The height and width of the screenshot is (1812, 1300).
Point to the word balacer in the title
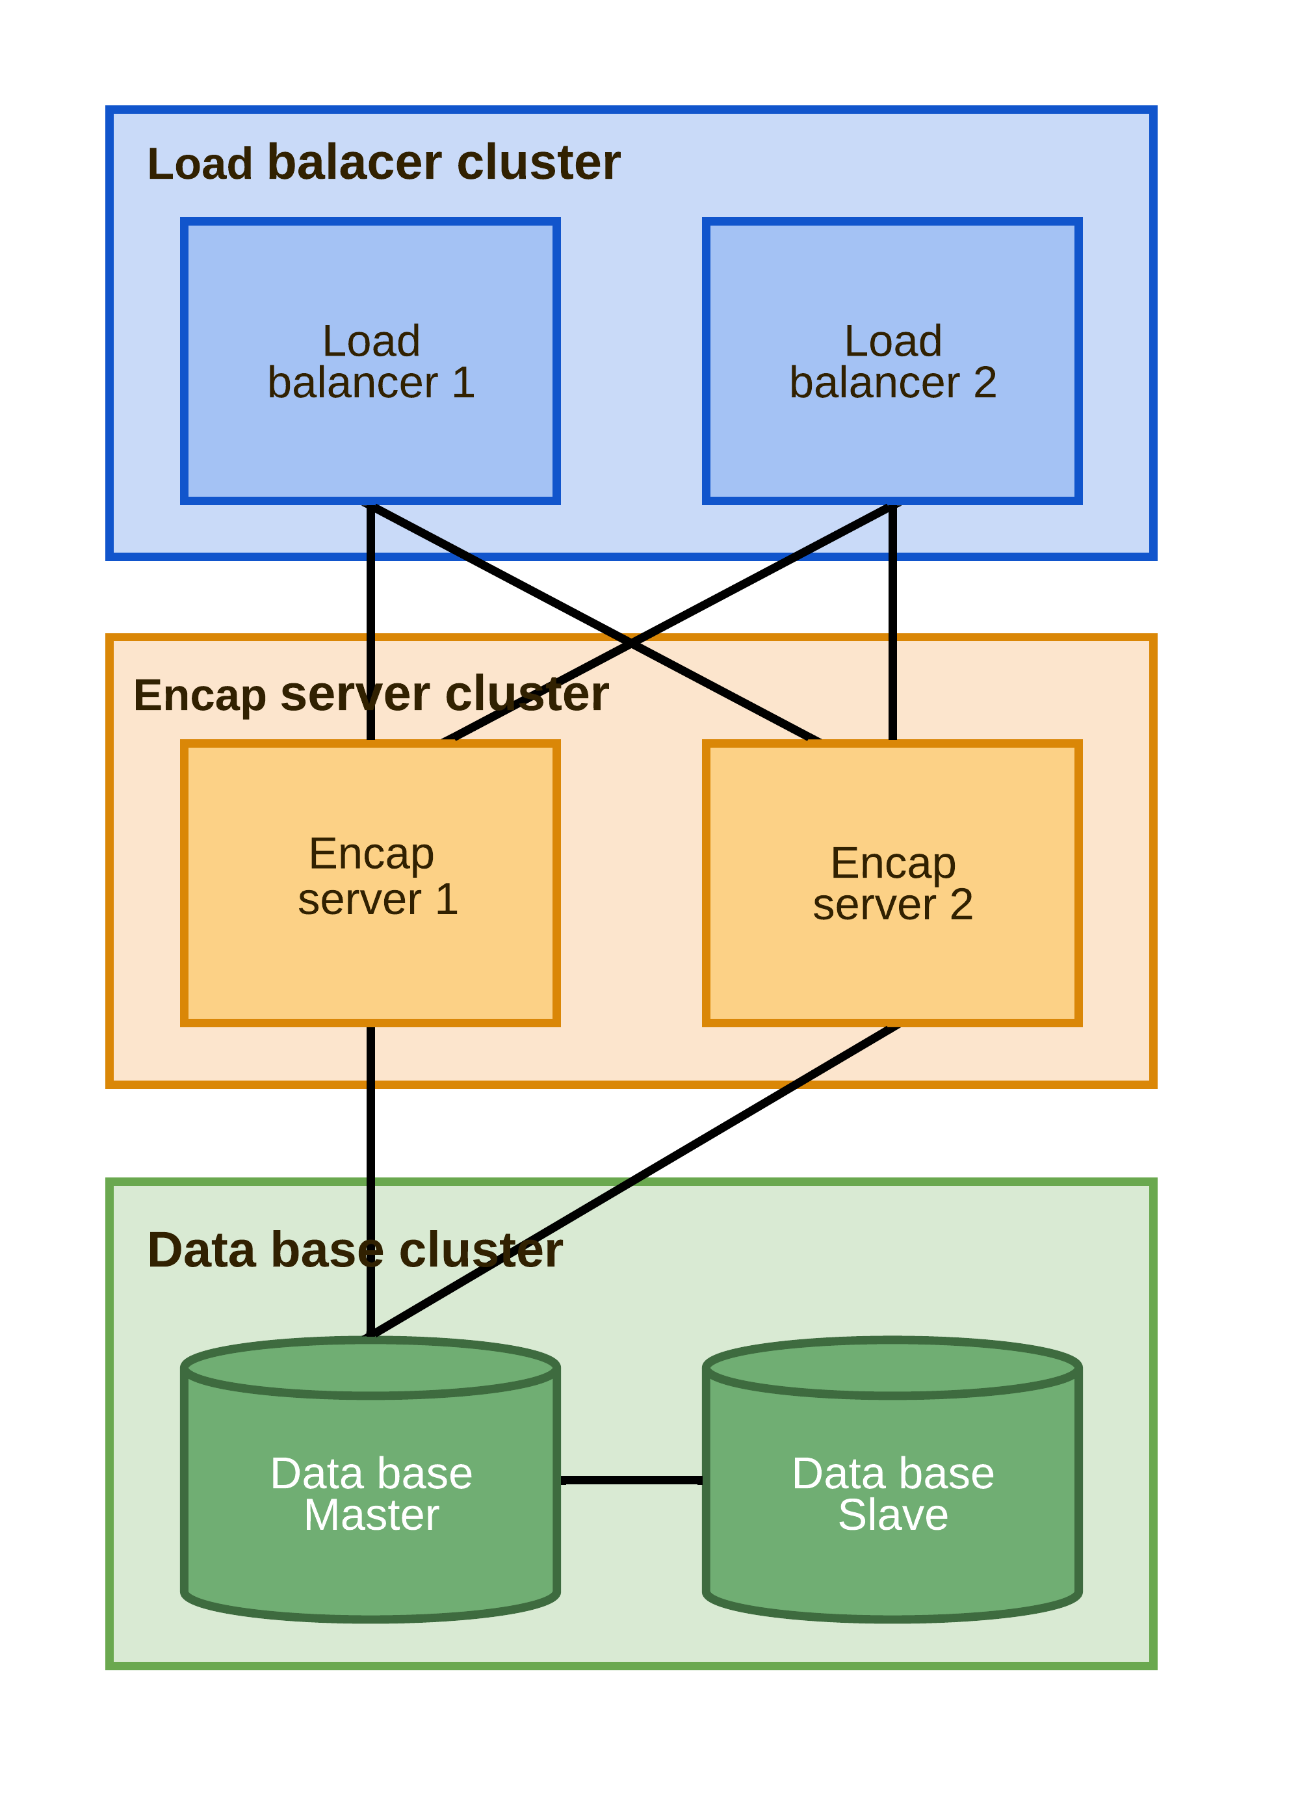(x=354, y=163)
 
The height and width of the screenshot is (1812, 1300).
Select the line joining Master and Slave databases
(x=631, y=1480)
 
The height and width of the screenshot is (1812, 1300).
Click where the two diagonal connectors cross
(x=631, y=643)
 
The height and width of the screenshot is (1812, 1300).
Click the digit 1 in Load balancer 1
(x=463, y=383)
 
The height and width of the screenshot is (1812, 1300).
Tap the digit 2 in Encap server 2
(x=961, y=905)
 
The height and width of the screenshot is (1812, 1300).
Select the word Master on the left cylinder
(x=370, y=1516)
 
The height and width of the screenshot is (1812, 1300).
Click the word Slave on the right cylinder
(x=892, y=1516)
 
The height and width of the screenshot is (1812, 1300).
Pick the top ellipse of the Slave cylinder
(x=891, y=1368)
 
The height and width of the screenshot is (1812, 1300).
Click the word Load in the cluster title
(x=200, y=164)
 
